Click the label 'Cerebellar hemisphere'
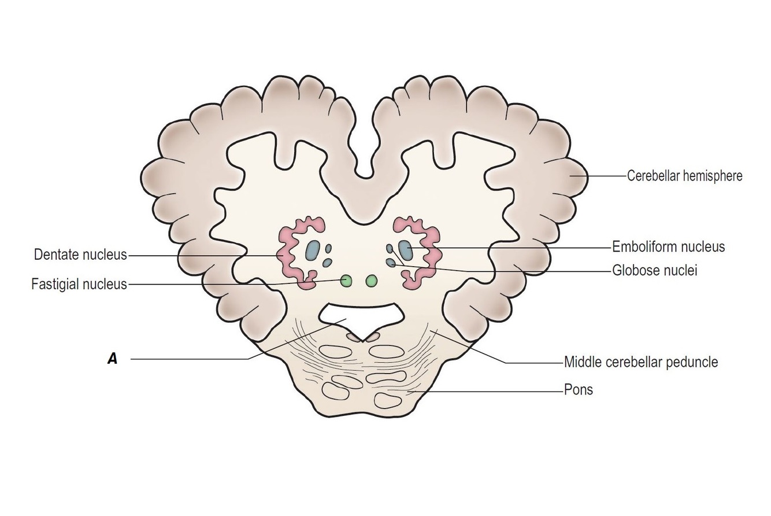pyautogui.click(x=684, y=176)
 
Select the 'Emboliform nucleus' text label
pyautogui.click(x=668, y=248)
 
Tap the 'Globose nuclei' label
pyautogui.click(x=655, y=270)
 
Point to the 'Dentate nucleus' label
pyautogui.click(x=80, y=255)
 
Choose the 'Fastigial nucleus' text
pyautogui.click(x=79, y=284)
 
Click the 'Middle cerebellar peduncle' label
pyautogui.click(x=641, y=363)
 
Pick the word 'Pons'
pyautogui.click(x=579, y=390)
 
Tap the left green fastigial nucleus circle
pyautogui.click(x=346, y=281)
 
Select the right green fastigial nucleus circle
pyautogui.click(x=371, y=281)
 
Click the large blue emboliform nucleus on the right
pyautogui.click(x=406, y=250)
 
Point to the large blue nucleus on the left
pyautogui.click(x=312, y=250)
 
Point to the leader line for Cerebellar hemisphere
pyautogui.click(x=607, y=175)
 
